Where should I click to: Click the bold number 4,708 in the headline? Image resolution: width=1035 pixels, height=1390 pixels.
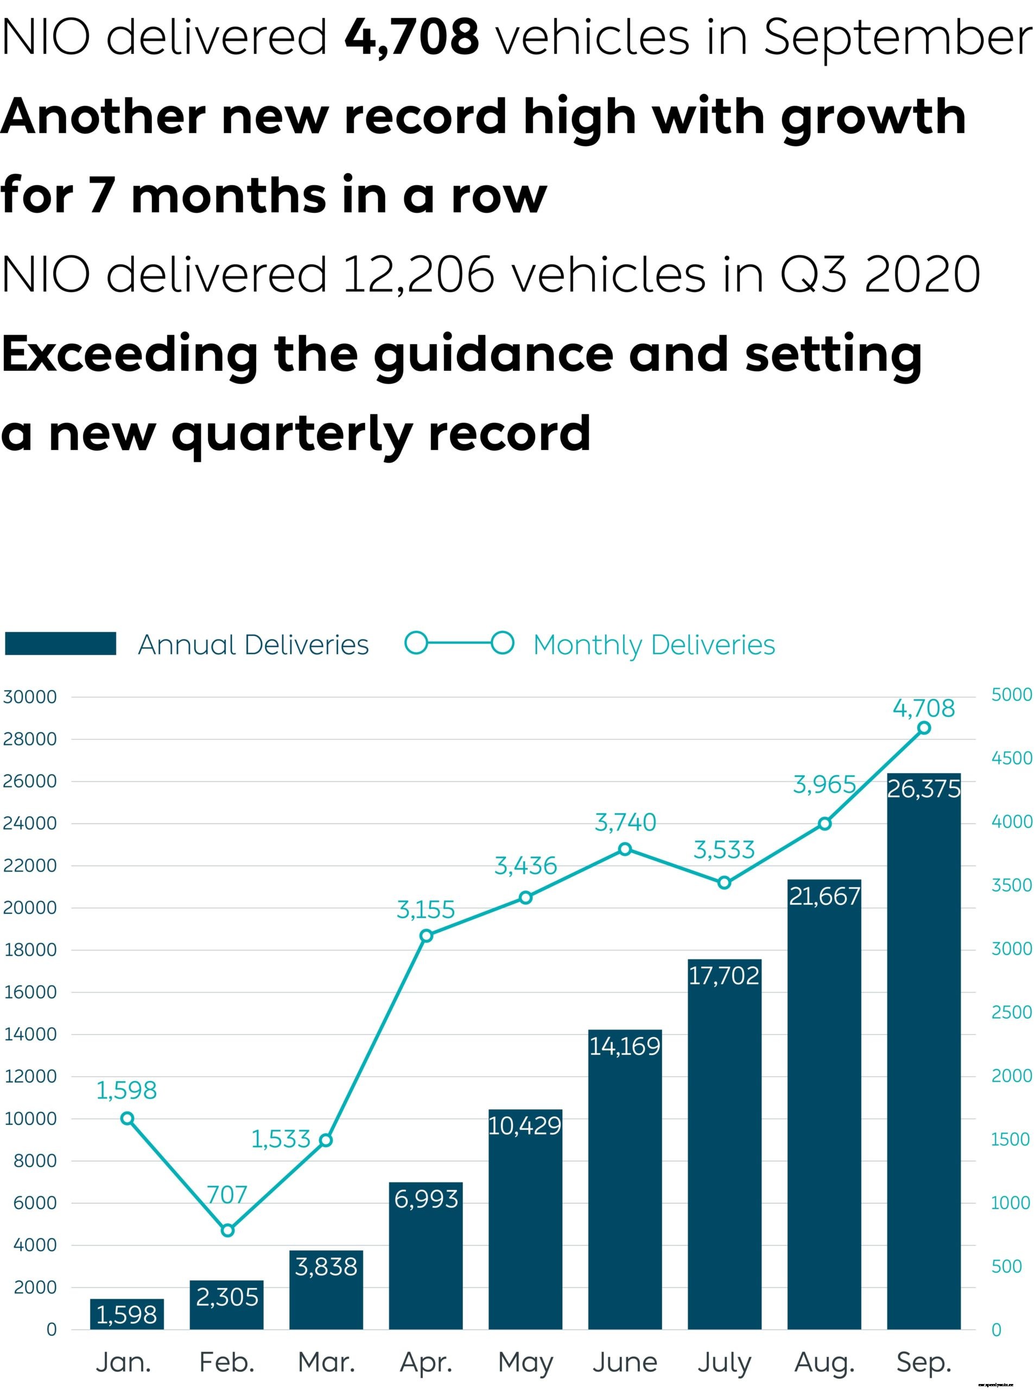tap(411, 36)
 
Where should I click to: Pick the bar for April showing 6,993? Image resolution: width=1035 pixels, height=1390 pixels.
tap(426, 1253)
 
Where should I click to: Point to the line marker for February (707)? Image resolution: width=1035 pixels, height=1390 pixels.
tap(227, 1230)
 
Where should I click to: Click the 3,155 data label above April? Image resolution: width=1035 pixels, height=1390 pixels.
tap(426, 909)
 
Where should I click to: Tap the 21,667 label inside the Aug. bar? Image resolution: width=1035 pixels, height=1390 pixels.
tap(824, 896)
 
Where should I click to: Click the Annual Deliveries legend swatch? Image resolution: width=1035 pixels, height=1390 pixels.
tap(60, 643)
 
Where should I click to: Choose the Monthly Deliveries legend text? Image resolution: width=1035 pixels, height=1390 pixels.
tap(653, 645)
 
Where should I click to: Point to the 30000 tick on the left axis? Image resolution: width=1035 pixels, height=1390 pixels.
tap(29, 697)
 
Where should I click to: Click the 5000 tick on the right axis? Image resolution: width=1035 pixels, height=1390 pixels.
tap(1011, 694)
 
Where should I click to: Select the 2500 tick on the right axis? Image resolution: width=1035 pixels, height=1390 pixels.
tap(1011, 1012)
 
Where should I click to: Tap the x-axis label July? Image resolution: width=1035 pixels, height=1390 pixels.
tap(724, 1362)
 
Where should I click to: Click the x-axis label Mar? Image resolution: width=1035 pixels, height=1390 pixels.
tap(326, 1362)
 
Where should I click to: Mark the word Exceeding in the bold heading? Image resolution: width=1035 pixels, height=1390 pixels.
tap(129, 354)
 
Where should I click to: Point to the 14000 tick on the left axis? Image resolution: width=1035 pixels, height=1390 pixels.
tap(30, 1034)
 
